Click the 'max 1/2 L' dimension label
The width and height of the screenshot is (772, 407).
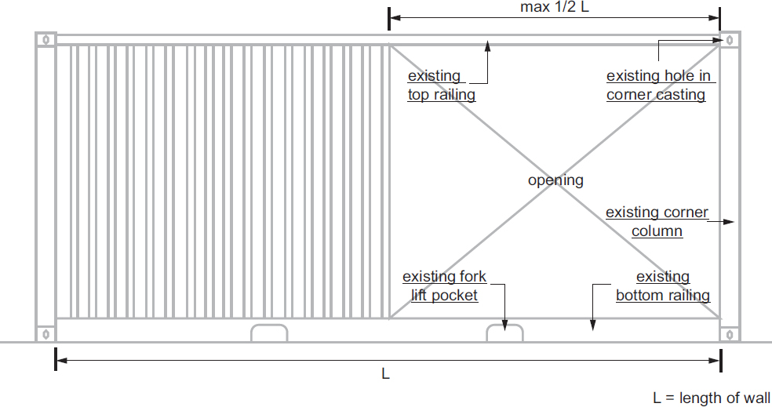coord(555,8)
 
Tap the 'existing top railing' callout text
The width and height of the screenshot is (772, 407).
coord(441,85)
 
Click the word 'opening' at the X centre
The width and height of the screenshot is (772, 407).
coord(555,180)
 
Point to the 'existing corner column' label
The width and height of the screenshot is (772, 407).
coord(657,222)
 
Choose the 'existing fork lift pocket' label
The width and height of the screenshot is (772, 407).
coord(444,286)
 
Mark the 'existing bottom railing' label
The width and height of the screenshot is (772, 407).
coord(663,286)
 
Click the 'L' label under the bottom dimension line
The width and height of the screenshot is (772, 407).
coord(385,375)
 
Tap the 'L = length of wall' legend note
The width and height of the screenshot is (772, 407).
coord(712,398)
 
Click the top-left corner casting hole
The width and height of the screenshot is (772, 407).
coord(46,39)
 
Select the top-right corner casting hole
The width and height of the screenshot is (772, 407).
coord(730,39)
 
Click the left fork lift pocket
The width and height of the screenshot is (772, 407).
coord(269,333)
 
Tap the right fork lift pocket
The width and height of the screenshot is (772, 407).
coord(504,333)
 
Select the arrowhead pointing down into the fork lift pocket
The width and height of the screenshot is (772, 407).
coord(505,325)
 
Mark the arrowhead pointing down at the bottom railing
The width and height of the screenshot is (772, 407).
coord(593,324)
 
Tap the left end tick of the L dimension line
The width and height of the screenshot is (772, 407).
coord(55,360)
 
